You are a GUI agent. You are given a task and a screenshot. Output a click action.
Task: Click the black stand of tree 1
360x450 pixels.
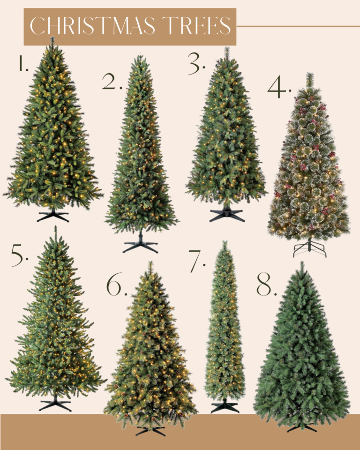click(53, 215)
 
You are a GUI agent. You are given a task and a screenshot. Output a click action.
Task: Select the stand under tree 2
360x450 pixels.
click(140, 246)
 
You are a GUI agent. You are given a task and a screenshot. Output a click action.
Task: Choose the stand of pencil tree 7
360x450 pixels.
click(225, 406)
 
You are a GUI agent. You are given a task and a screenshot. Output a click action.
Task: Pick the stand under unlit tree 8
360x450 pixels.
click(301, 427)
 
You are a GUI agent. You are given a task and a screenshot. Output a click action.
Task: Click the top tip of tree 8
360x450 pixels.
click(301, 263)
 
